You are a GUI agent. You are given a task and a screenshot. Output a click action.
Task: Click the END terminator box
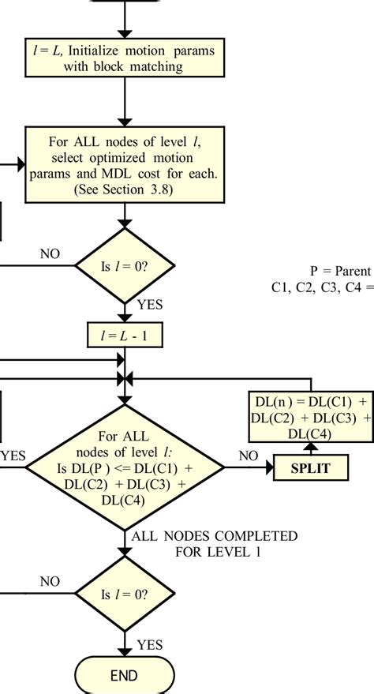pyautogui.click(x=125, y=675)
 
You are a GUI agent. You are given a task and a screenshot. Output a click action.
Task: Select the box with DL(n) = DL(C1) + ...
pyautogui.click(x=310, y=415)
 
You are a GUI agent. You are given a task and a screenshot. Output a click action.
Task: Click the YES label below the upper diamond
pyautogui.click(x=150, y=303)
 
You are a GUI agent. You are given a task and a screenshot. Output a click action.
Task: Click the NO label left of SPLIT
pyautogui.click(x=249, y=456)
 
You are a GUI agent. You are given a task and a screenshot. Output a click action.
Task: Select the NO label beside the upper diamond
pyautogui.click(x=50, y=254)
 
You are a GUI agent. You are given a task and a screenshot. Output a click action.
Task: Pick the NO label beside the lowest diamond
pyautogui.click(x=50, y=582)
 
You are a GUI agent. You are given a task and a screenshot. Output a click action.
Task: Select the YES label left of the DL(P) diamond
pyautogui.click(x=12, y=456)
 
